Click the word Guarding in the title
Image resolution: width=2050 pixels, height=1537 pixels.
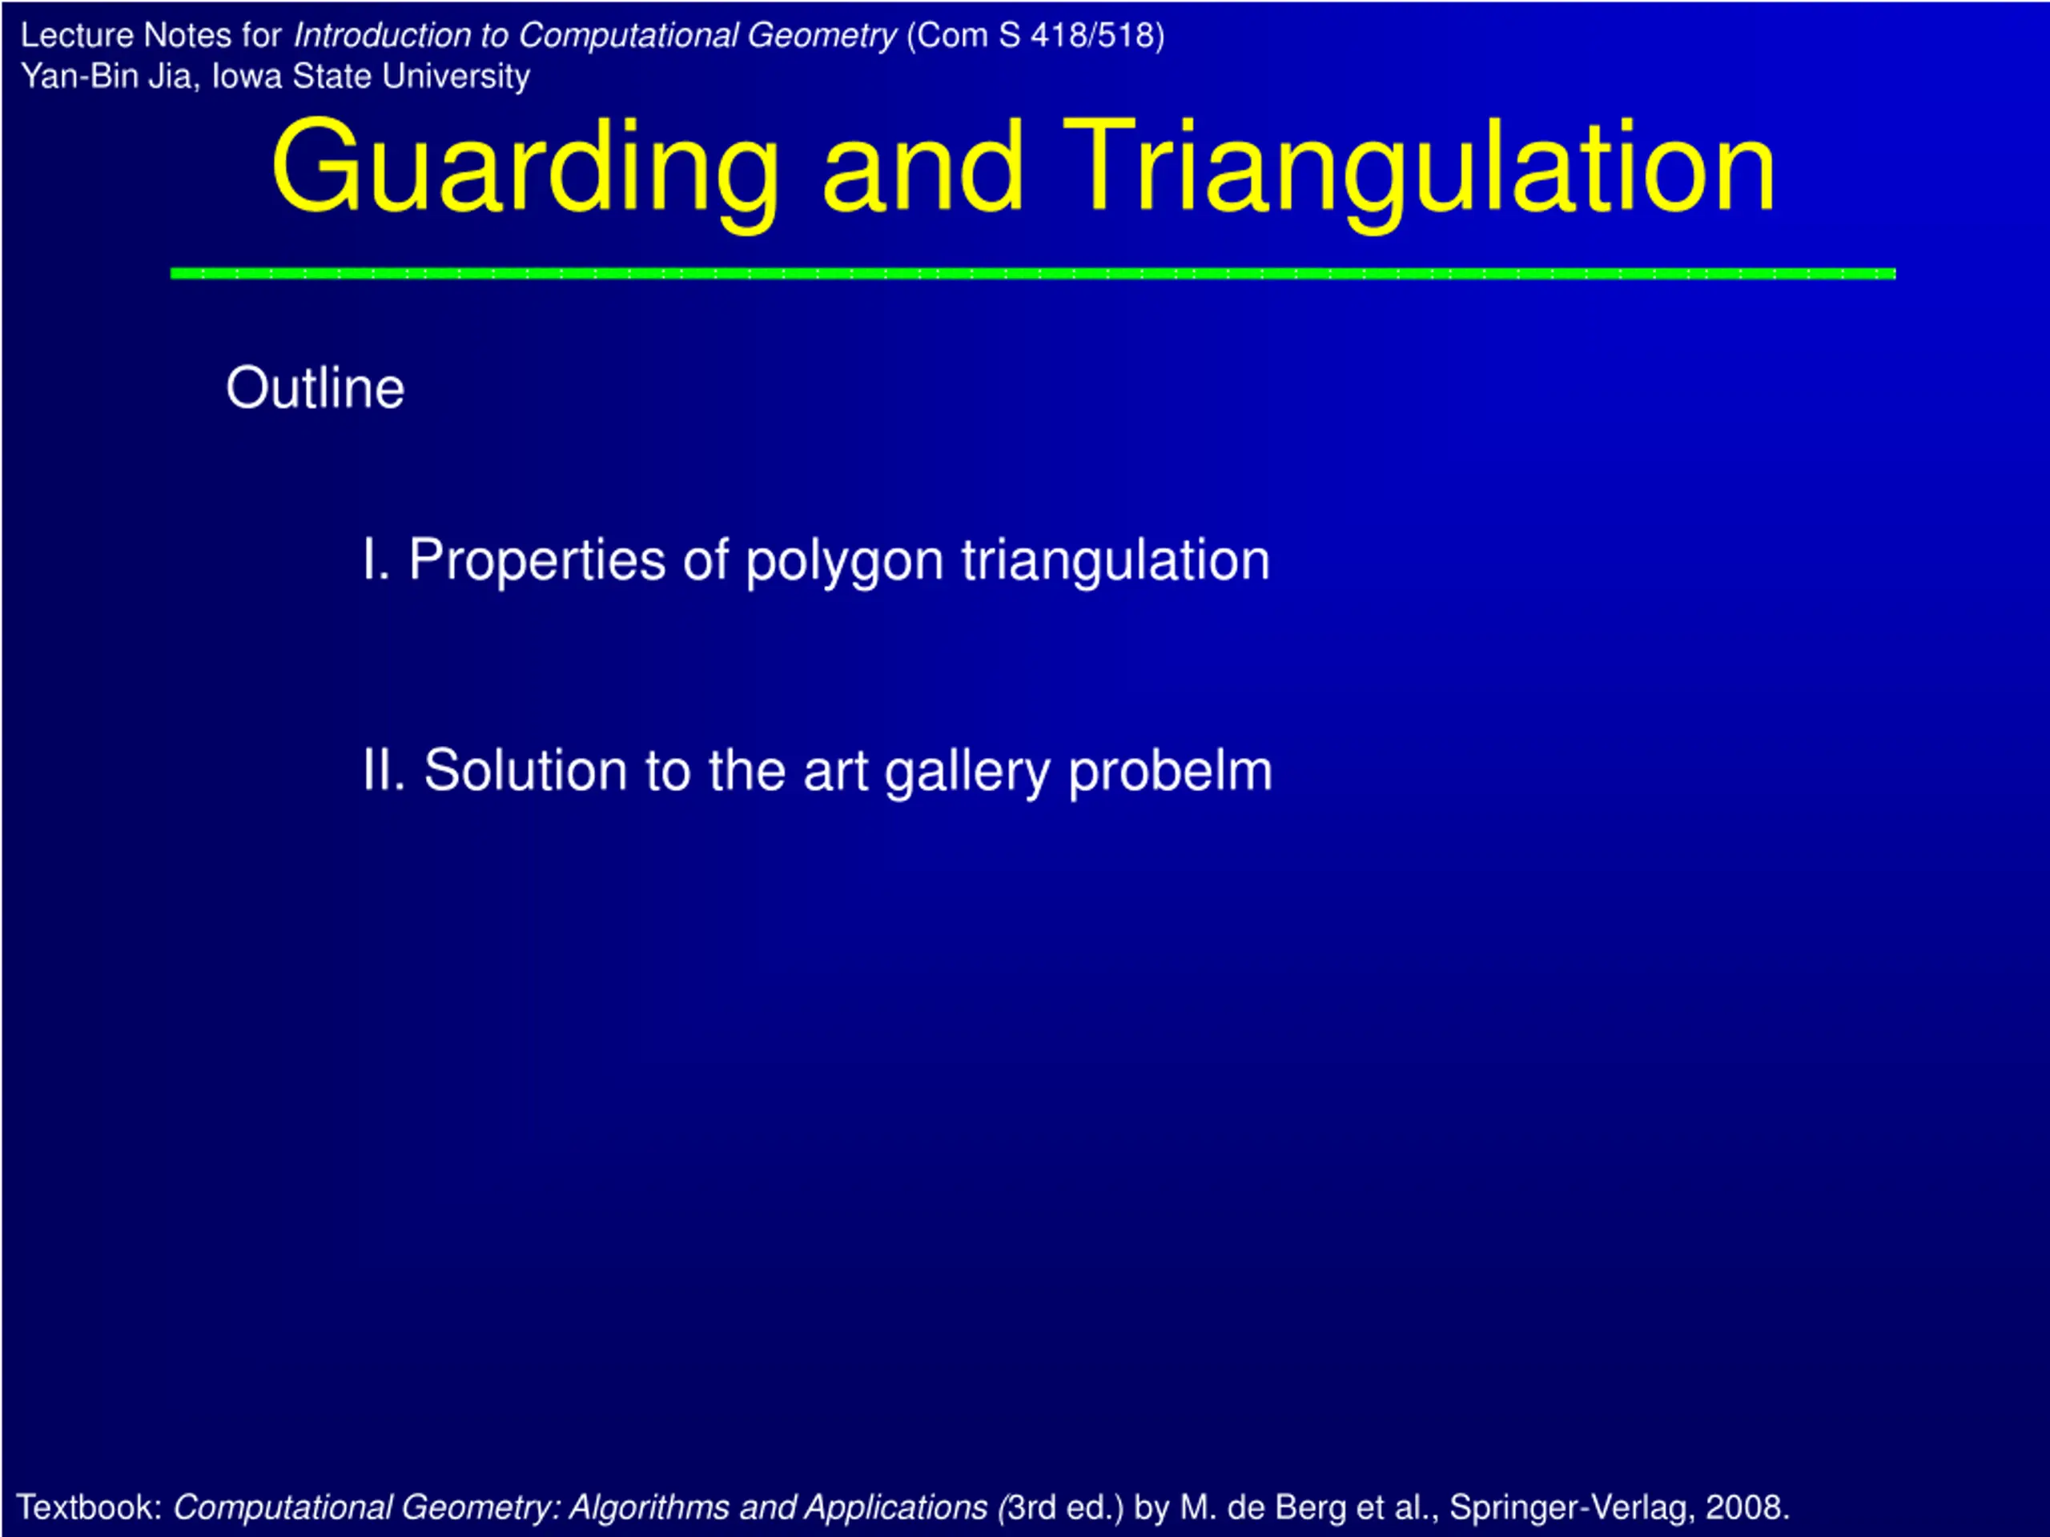click(x=525, y=171)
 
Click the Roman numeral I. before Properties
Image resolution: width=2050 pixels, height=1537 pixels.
click(x=376, y=560)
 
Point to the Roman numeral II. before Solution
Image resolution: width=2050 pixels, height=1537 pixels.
click(x=384, y=770)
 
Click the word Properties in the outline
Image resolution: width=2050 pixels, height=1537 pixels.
click(x=537, y=561)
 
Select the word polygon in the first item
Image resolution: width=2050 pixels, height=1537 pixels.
click(x=844, y=564)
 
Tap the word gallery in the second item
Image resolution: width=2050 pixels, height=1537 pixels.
click(x=967, y=773)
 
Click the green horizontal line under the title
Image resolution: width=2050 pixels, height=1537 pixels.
click(x=1033, y=273)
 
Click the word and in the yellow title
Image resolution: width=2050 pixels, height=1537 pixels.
click(x=922, y=171)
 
